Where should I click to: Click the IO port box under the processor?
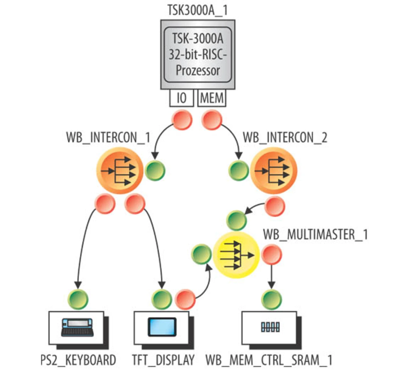click(x=181, y=98)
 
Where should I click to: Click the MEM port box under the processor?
click(x=212, y=98)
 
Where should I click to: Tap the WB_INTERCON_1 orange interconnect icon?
click(x=120, y=171)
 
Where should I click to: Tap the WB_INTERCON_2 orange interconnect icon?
click(x=274, y=171)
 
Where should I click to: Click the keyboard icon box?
click(x=77, y=328)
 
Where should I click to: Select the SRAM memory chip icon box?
click(x=270, y=327)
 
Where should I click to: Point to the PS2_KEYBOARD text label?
click(x=78, y=360)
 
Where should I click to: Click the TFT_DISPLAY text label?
click(x=163, y=360)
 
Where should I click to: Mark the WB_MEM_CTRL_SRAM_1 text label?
click(x=269, y=360)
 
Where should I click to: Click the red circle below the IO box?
click(x=182, y=120)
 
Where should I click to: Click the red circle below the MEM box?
click(x=212, y=120)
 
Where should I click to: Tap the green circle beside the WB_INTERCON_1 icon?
click(x=155, y=171)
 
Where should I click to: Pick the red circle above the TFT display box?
click(x=185, y=300)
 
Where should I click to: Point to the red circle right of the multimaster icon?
click(x=272, y=255)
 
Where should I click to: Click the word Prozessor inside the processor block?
click(x=198, y=70)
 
